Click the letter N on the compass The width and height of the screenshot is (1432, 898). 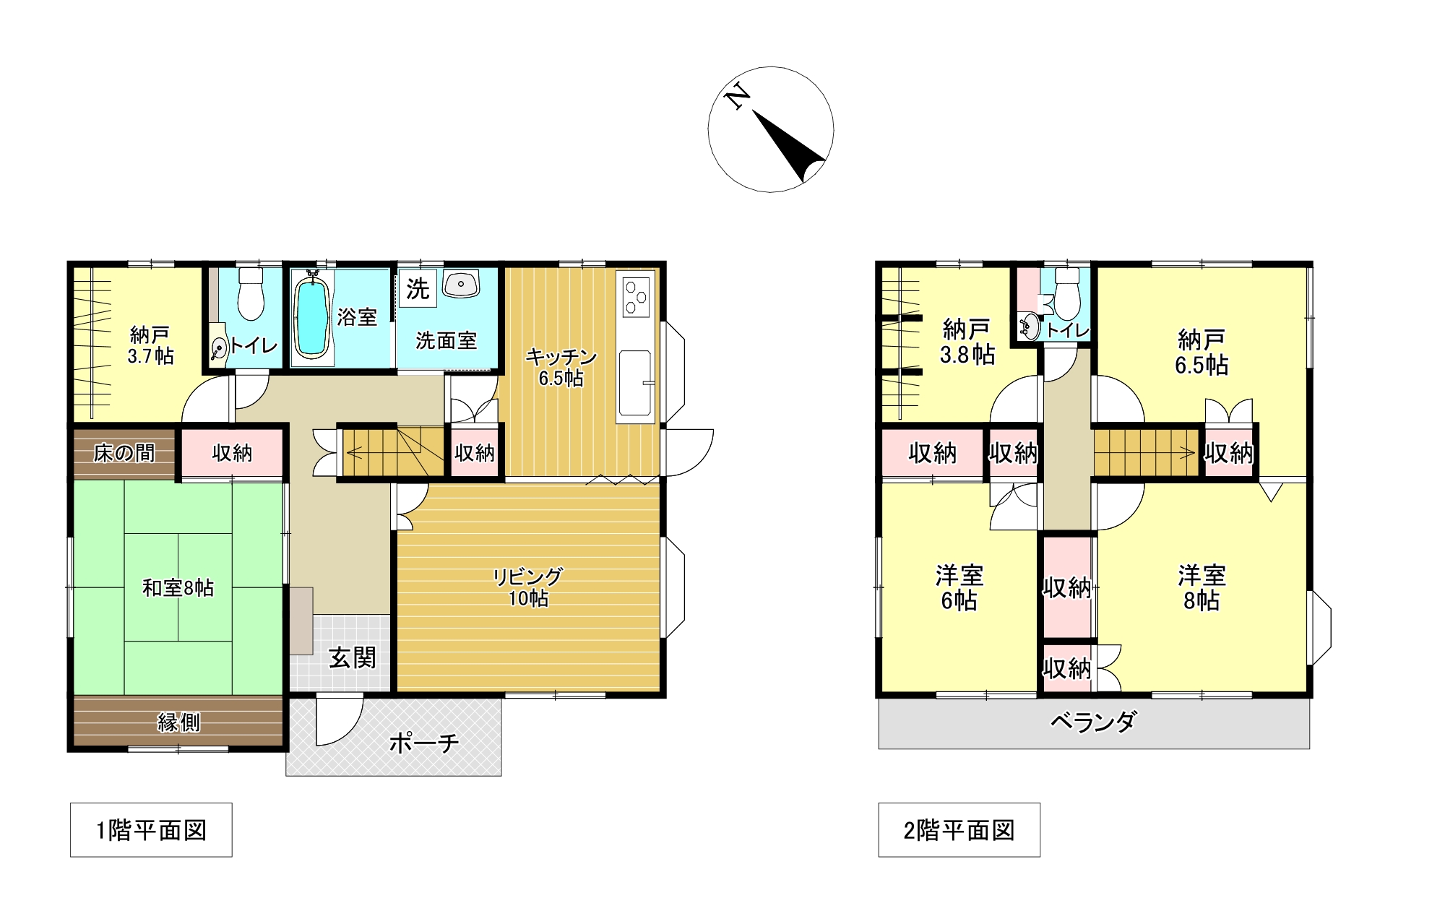click(x=737, y=96)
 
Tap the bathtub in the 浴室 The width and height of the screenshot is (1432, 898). click(x=313, y=317)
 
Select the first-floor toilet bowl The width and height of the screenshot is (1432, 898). click(x=251, y=294)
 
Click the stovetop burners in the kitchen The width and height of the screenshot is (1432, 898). click(x=636, y=296)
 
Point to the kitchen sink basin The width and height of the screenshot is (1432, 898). click(x=635, y=383)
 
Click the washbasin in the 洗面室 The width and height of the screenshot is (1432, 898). click(x=461, y=283)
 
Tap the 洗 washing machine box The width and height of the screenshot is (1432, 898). click(x=417, y=289)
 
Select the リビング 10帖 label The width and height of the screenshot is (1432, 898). click(x=527, y=587)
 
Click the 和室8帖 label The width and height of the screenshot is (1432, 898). click(x=178, y=587)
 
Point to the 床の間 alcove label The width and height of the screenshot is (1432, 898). click(x=124, y=453)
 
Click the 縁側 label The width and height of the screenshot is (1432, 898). click(x=178, y=722)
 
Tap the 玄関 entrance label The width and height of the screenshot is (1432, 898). click(x=352, y=657)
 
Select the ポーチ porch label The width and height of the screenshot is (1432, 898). click(x=424, y=742)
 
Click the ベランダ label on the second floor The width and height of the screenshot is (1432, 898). click(x=1093, y=721)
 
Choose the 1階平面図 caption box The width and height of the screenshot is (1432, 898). click(x=151, y=829)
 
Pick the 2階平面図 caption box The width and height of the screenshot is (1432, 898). click(x=959, y=829)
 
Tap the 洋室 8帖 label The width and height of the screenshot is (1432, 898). click(x=1202, y=587)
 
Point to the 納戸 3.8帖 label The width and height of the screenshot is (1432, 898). click(x=967, y=342)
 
